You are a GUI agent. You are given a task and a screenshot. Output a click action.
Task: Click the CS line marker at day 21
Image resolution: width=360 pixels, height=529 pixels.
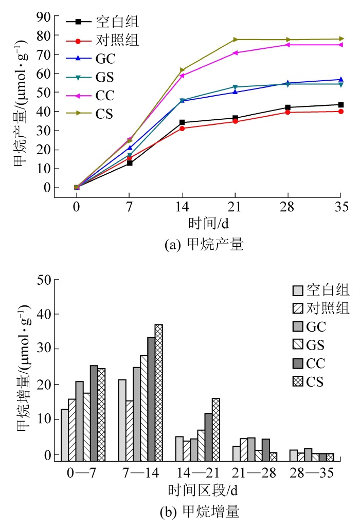tap(236, 40)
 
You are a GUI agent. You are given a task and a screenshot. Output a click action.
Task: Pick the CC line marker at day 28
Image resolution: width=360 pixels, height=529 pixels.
tap(288, 45)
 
